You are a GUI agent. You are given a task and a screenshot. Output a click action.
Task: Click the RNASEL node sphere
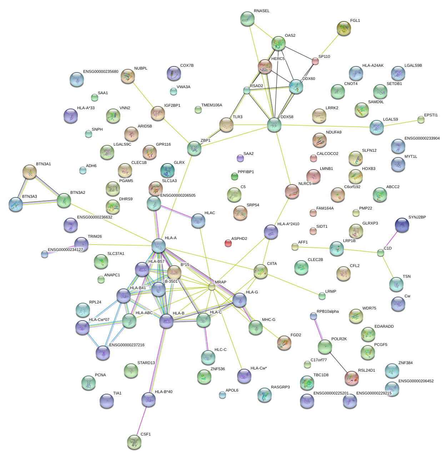247,19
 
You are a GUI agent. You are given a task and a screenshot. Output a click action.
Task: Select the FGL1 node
344,28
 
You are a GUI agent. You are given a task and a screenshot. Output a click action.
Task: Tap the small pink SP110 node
315,61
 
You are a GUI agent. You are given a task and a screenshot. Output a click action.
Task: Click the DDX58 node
274,125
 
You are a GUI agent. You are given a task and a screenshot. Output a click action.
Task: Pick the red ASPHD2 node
228,243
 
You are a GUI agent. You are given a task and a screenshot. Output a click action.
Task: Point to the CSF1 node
134,442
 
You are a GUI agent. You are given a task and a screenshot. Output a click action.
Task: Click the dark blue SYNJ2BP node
402,225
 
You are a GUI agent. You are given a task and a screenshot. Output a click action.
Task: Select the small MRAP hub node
212,287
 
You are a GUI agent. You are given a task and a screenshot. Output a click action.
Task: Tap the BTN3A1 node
30,172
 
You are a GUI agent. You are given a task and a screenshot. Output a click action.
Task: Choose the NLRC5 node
292,191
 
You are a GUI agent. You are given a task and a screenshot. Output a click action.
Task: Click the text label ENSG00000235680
101,72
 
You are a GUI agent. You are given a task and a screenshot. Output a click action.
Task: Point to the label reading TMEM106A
212,105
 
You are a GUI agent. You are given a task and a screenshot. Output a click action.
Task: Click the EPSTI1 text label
431,115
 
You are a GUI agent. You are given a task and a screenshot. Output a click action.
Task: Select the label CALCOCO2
327,154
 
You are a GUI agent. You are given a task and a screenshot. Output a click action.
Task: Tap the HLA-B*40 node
149,399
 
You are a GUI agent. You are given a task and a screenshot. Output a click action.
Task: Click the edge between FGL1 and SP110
329,45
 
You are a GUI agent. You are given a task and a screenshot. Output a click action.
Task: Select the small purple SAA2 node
240,158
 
